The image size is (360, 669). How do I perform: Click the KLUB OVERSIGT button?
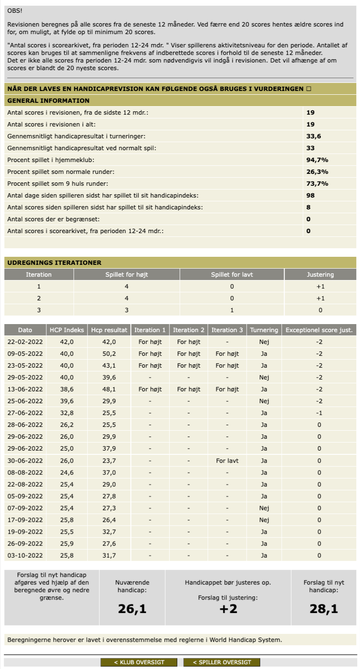[139, 662]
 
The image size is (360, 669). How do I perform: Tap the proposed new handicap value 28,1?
[324, 609]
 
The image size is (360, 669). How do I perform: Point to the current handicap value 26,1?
[132, 609]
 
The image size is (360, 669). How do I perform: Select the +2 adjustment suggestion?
[228, 609]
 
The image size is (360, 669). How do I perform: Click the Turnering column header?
[264, 330]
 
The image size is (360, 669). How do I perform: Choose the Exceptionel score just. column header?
[319, 330]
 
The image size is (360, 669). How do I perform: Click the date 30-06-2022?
[25, 461]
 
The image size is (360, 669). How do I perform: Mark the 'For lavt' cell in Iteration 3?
[227, 461]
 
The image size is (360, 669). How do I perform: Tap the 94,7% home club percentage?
[317, 160]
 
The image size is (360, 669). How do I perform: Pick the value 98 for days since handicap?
[311, 195]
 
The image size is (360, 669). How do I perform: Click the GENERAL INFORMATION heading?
[48, 100]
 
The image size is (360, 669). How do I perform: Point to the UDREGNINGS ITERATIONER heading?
[54, 262]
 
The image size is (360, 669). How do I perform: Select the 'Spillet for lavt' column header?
[232, 274]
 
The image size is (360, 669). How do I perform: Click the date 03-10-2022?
[25, 555]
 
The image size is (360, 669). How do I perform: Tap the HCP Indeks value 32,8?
[67, 413]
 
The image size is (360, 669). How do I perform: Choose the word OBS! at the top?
[15, 10]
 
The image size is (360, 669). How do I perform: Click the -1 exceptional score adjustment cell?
[319, 413]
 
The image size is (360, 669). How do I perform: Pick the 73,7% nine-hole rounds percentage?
[317, 183]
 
